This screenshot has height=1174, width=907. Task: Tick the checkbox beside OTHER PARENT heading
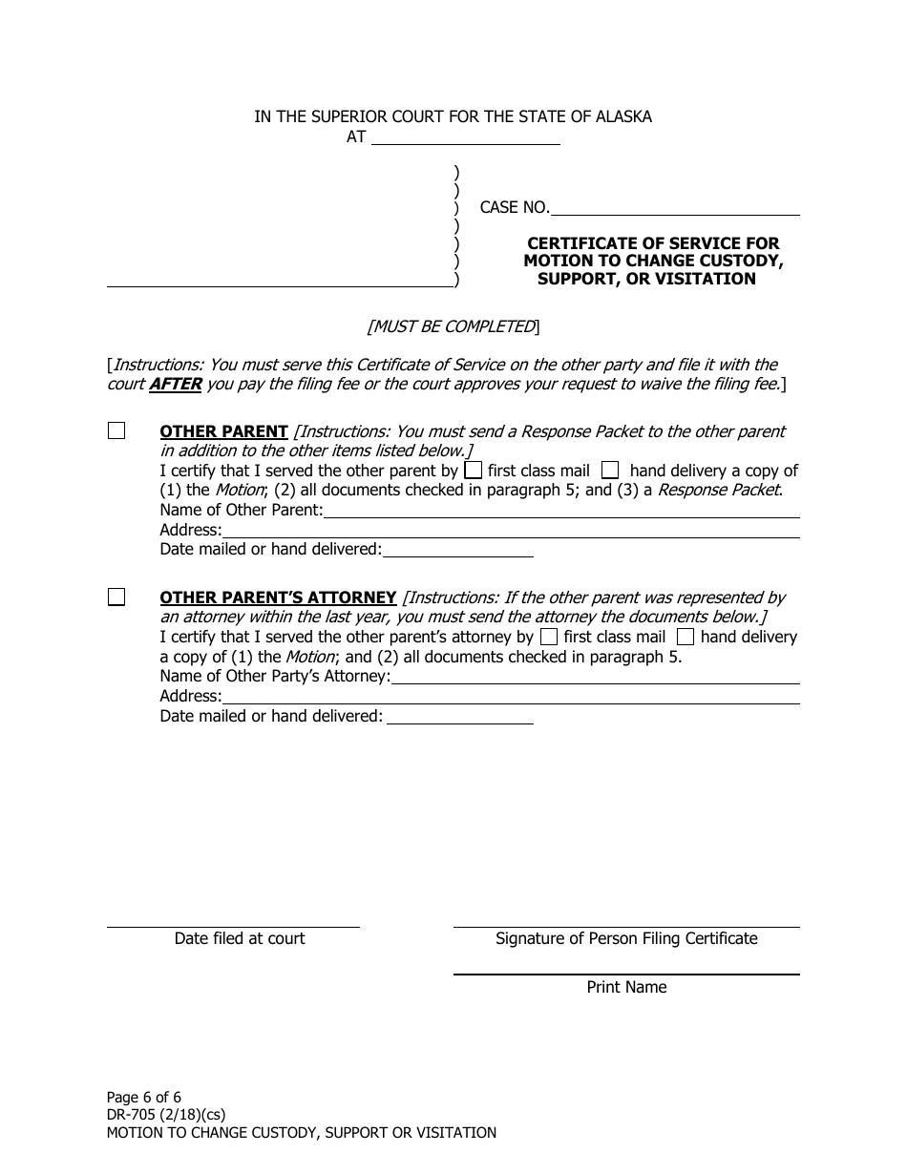point(116,431)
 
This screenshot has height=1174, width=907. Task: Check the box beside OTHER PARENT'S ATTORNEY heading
point(116,597)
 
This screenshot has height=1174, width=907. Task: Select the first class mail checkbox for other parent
point(473,471)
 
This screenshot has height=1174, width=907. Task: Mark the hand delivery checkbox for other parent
point(610,471)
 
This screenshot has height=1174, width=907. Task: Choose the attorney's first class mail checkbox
point(549,637)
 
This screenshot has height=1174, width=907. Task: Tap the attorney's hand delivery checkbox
point(686,637)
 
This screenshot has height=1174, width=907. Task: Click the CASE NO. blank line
point(675,208)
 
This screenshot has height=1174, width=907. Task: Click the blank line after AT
point(465,137)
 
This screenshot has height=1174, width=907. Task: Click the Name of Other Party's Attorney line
point(595,677)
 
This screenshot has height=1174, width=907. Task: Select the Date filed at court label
point(240,939)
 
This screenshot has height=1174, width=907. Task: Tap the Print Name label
point(626,988)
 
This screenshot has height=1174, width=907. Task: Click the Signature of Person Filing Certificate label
point(626,939)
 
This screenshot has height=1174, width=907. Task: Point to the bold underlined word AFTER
point(175,385)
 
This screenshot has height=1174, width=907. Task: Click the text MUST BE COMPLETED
point(453,327)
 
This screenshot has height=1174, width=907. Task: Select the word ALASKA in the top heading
point(624,117)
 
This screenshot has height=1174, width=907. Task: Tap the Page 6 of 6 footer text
point(144,1098)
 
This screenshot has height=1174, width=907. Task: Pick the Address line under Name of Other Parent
point(511,531)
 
